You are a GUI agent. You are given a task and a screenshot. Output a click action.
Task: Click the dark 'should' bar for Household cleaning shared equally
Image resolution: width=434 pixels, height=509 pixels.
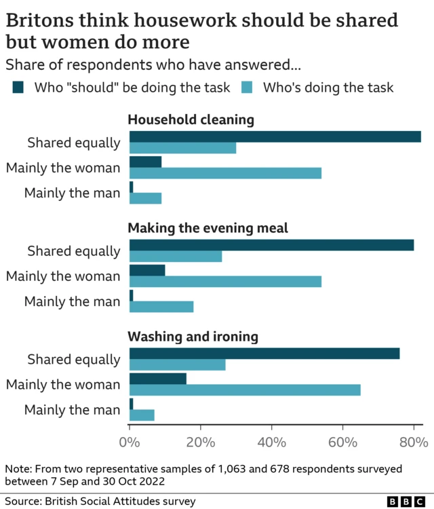(x=275, y=136)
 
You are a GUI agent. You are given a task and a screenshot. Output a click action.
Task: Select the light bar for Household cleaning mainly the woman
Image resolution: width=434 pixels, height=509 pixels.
(x=225, y=173)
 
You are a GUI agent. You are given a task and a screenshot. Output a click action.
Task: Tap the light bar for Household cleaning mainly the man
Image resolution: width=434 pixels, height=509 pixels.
(x=145, y=198)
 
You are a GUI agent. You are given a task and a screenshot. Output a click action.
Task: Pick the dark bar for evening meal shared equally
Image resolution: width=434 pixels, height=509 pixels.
(x=271, y=245)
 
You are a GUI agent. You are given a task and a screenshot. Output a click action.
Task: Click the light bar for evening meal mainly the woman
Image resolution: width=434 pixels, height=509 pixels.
(x=225, y=282)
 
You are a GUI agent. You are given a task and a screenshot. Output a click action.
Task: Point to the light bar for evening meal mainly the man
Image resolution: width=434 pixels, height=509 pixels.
(x=161, y=307)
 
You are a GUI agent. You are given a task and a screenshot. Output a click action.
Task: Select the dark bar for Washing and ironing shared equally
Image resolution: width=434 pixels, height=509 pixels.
(x=264, y=354)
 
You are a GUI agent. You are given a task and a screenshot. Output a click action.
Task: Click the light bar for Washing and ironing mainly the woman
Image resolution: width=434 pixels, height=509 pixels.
(x=245, y=390)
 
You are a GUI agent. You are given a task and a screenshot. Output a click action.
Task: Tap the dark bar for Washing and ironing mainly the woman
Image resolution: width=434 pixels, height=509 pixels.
(x=157, y=379)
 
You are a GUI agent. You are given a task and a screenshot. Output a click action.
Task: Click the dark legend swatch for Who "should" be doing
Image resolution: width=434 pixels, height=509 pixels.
(x=18, y=88)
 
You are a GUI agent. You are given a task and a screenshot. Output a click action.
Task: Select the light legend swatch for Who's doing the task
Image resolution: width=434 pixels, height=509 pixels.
(x=248, y=88)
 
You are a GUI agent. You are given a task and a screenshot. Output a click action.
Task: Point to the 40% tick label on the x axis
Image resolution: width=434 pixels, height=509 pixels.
(x=271, y=442)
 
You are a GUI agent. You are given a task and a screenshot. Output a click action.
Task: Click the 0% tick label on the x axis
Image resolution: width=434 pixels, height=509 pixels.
(x=129, y=442)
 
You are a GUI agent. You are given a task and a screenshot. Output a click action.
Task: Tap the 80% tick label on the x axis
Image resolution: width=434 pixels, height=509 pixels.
(x=413, y=442)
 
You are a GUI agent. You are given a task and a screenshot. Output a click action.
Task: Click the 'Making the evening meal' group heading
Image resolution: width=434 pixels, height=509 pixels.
(x=208, y=228)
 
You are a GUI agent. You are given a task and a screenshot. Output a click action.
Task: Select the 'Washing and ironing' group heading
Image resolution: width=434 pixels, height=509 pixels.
(x=193, y=337)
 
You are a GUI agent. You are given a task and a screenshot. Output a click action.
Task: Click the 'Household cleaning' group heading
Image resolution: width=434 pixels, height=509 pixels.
(x=191, y=120)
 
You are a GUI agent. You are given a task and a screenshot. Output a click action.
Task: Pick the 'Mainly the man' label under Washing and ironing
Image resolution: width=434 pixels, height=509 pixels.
(x=72, y=410)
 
